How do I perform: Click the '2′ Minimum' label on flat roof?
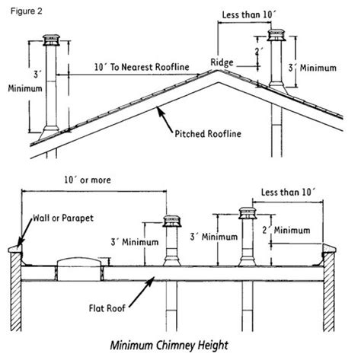290,229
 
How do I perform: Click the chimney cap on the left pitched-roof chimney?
52,40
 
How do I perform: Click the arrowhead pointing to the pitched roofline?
158,113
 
